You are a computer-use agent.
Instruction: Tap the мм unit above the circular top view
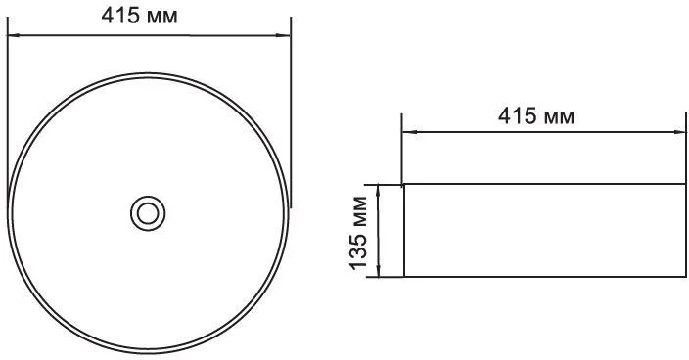click(x=162, y=18)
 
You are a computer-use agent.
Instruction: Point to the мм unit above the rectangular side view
click(x=559, y=118)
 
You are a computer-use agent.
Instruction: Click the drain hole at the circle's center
click(x=148, y=213)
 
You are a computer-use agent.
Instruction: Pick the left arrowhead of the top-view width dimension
click(x=14, y=34)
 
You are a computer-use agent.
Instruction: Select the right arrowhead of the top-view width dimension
click(x=284, y=35)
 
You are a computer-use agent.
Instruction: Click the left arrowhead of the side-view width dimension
click(x=409, y=132)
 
